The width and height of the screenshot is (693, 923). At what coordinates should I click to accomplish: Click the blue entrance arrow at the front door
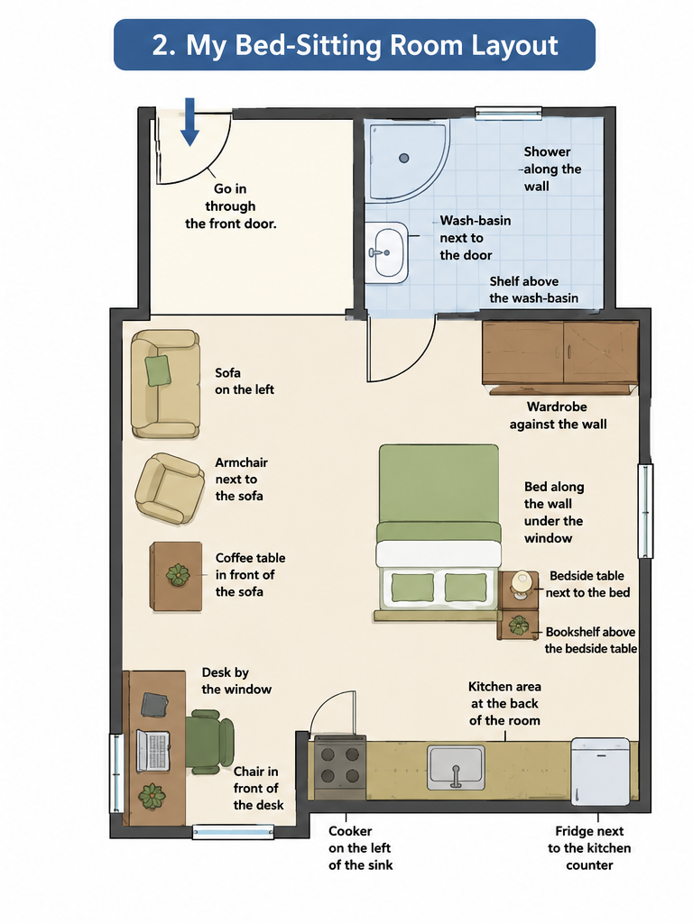pyautogui.click(x=189, y=122)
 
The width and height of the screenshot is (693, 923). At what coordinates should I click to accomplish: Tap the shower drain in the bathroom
pyautogui.click(x=403, y=158)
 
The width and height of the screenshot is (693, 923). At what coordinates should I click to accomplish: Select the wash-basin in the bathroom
pyautogui.click(x=387, y=252)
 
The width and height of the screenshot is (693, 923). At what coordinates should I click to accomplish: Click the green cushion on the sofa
pyautogui.click(x=158, y=370)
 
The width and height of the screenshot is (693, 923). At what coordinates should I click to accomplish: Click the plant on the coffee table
pyautogui.click(x=178, y=574)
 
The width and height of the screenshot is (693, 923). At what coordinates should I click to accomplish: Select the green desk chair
pyautogui.click(x=209, y=742)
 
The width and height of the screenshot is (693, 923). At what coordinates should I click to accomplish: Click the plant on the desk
pyautogui.click(x=152, y=796)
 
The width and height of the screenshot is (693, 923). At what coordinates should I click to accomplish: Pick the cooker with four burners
pyautogui.click(x=340, y=767)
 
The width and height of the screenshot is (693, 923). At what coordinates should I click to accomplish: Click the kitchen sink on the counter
pyautogui.click(x=456, y=767)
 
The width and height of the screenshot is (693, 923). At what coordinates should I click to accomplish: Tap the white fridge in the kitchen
pyautogui.click(x=600, y=772)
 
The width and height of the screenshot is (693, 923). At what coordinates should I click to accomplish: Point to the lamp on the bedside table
pyautogui.click(x=521, y=584)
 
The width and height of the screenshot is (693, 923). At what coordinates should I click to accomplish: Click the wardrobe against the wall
pyautogui.click(x=559, y=357)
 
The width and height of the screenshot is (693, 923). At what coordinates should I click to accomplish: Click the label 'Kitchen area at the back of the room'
pyautogui.click(x=504, y=703)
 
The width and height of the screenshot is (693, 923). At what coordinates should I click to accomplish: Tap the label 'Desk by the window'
pyautogui.click(x=236, y=681)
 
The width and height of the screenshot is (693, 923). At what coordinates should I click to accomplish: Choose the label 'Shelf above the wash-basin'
pyautogui.click(x=533, y=289)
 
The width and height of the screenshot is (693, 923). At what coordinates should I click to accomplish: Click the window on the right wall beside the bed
pyautogui.click(x=645, y=511)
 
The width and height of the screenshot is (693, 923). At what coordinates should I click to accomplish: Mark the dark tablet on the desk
pyautogui.click(x=155, y=705)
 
